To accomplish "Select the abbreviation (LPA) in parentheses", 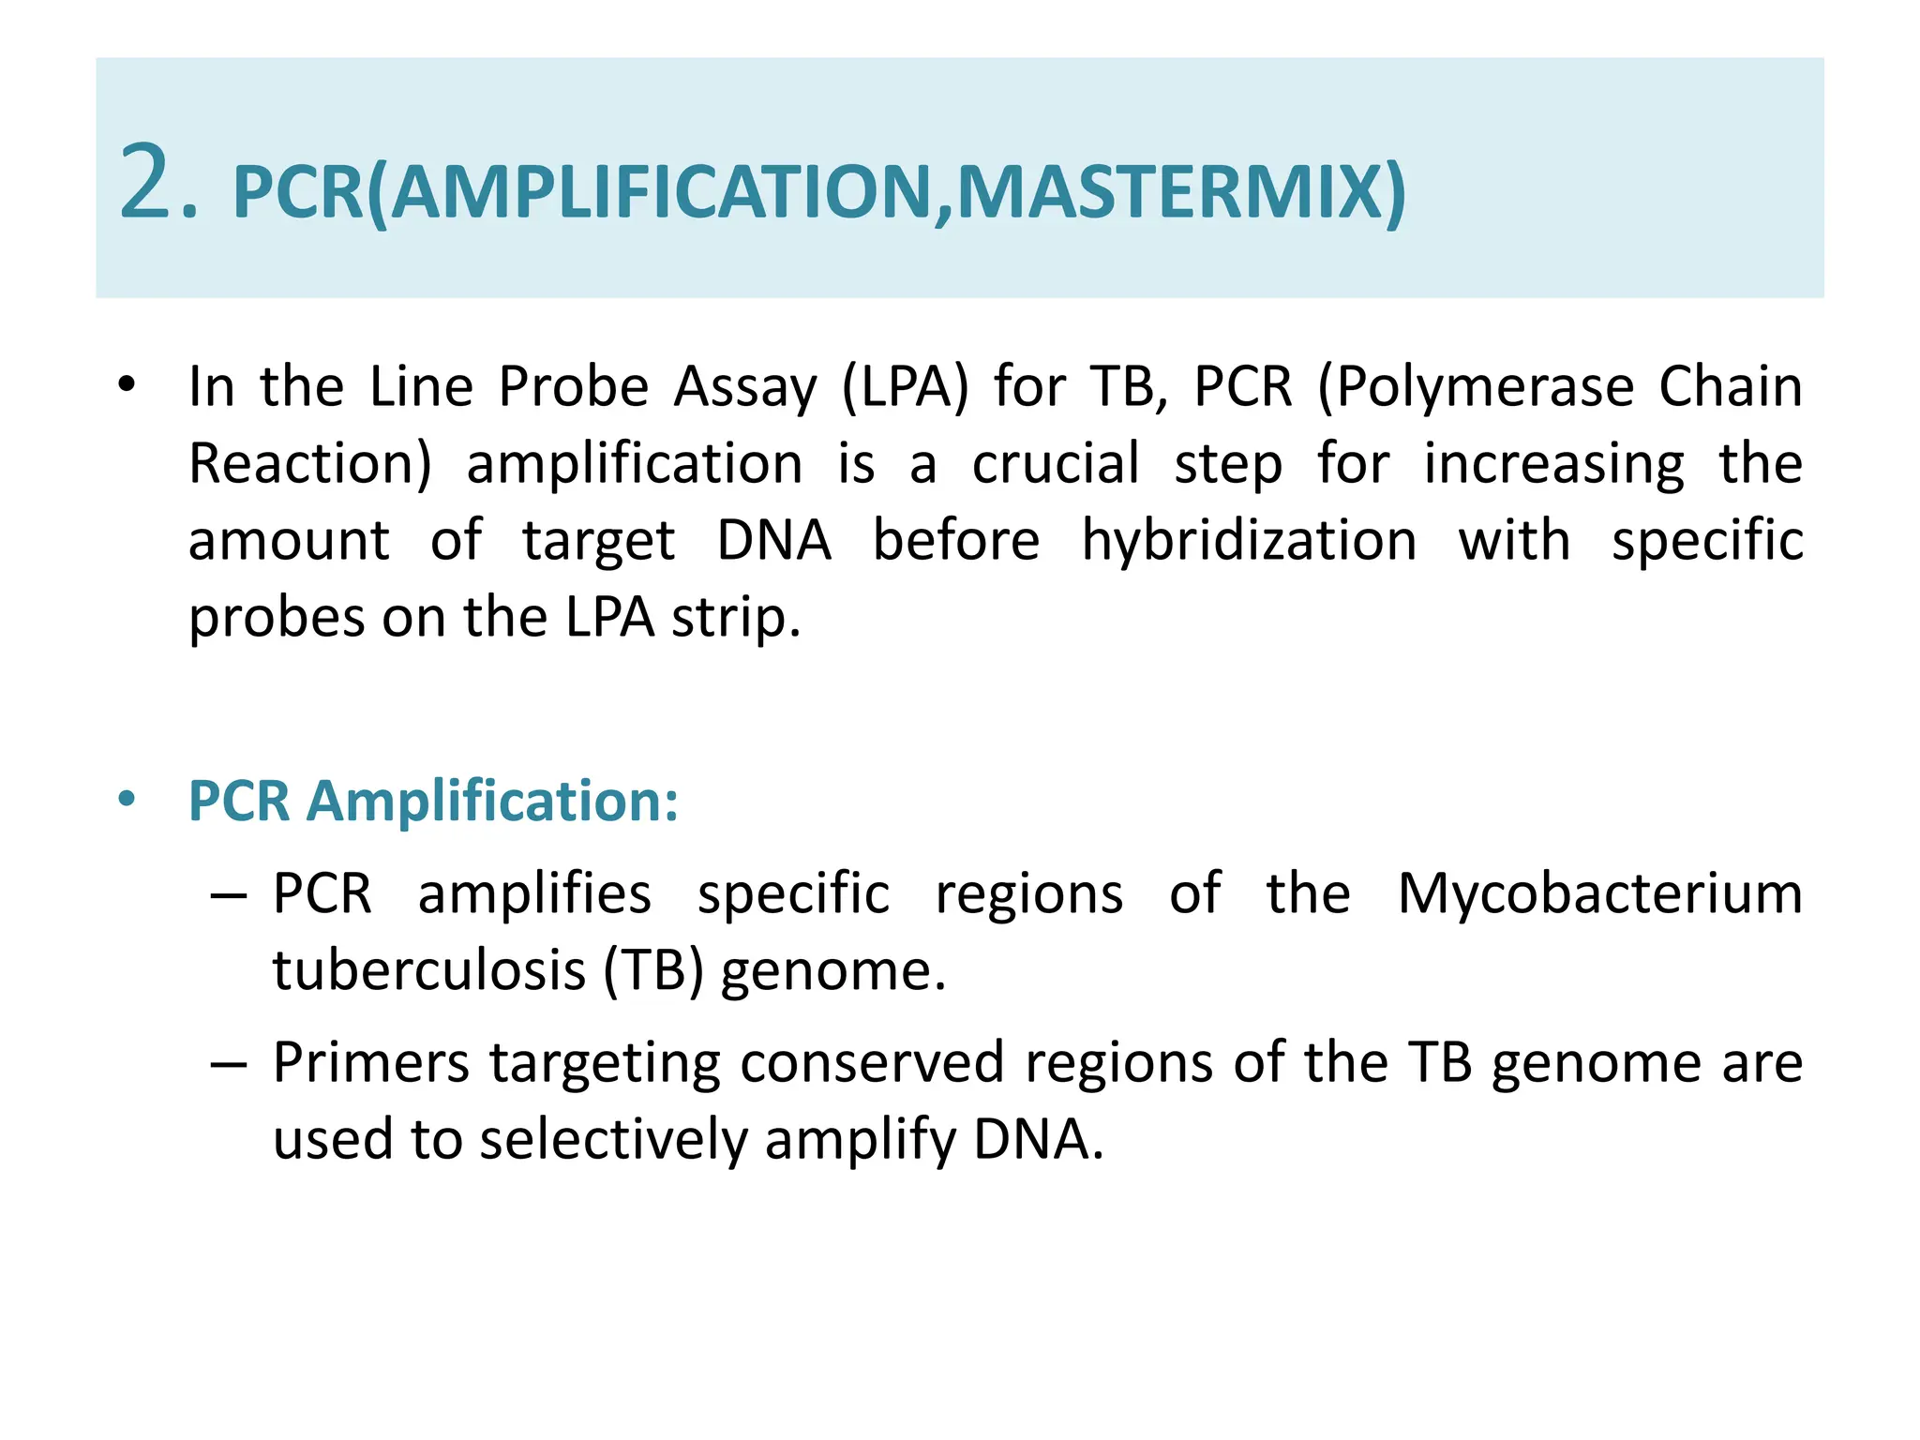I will [x=905, y=387].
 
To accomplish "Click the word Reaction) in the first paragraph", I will [x=310, y=464].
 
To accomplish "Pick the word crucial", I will [x=1056, y=463].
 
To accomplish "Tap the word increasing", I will [x=1553, y=465].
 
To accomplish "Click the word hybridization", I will [x=1249, y=542].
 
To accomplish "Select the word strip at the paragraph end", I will [x=733, y=619].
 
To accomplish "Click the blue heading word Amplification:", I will [x=492, y=802].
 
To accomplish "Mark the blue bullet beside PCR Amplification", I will [x=127, y=800].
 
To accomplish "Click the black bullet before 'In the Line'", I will [x=127, y=384].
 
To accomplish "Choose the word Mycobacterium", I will [x=1599, y=893].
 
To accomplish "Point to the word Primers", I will [x=371, y=1064].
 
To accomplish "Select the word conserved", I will [x=873, y=1064].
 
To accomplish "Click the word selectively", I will [x=612, y=1141].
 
